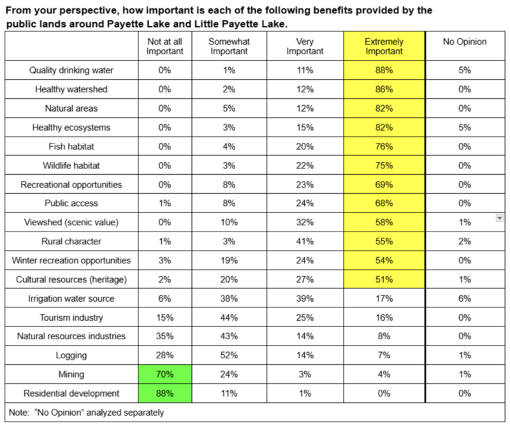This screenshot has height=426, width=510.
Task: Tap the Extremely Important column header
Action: pos(384,47)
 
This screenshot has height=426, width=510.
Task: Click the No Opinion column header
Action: pos(465,42)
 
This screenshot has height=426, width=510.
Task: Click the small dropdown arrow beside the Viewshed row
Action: pos(500,218)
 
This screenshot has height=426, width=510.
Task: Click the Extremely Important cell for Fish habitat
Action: pos(384,147)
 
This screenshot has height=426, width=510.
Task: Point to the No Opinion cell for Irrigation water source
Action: pos(465,298)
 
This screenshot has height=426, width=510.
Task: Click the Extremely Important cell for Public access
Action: pos(384,203)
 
